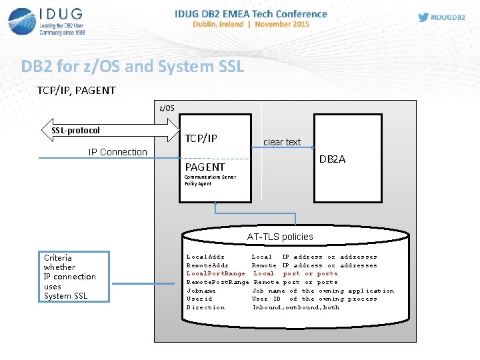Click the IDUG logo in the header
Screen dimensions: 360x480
point(47,22)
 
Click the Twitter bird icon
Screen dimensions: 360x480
point(424,17)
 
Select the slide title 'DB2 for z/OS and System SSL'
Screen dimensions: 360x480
point(133,67)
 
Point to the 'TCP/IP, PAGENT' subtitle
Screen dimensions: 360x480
point(76,90)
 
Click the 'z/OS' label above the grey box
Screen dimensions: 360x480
point(167,107)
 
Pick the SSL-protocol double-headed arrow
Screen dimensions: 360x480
point(111,131)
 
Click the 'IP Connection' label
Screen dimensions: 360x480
point(118,152)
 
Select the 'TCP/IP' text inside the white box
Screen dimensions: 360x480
point(201,139)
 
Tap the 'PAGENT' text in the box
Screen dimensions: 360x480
point(205,167)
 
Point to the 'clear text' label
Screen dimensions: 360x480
point(282,142)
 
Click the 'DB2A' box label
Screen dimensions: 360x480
point(332,159)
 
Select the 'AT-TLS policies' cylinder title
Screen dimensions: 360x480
point(279,237)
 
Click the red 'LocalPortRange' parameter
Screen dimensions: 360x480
point(215,273)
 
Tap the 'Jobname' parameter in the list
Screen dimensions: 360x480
point(201,291)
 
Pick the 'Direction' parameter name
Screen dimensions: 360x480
point(205,307)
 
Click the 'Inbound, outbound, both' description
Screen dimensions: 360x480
point(295,307)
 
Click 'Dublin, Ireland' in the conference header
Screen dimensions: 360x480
point(219,24)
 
